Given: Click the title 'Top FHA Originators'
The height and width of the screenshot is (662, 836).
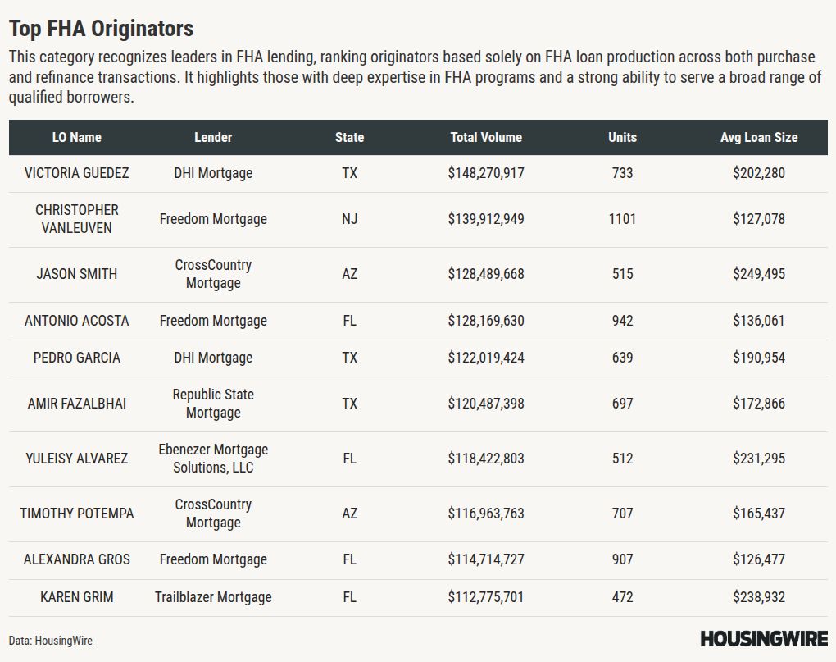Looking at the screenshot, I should click(x=101, y=29).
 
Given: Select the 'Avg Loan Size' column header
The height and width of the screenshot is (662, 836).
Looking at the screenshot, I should click(x=758, y=138).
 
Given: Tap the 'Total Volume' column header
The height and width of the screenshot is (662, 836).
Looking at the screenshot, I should click(x=486, y=138).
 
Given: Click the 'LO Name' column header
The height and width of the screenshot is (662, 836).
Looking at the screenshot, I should click(x=77, y=138).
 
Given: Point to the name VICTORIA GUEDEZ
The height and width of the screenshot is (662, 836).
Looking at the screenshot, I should click(x=77, y=173).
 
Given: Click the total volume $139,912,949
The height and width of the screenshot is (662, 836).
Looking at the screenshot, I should click(x=486, y=219).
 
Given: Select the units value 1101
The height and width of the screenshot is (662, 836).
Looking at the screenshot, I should click(x=622, y=219).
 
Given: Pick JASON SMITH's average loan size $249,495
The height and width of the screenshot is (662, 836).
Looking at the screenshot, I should click(x=759, y=274).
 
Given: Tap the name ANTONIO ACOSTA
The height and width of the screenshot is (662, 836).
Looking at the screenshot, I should click(x=77, y=321).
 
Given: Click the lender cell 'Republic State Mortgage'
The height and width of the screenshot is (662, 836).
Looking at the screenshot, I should click(x=213, y=404).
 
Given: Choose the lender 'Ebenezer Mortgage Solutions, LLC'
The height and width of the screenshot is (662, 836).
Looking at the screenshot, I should click(x=213, y=459).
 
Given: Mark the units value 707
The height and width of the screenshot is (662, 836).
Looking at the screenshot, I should click(x=622, y=514).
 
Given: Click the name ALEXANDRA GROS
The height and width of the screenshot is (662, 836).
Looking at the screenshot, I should click(x=77, y=559).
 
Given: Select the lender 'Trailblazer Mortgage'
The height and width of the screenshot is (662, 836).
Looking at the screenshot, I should click(x=213, y=597).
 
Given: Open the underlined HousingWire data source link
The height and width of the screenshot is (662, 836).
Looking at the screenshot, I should click(x=63, y=641).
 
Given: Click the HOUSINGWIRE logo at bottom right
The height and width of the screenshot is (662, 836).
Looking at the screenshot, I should click(x=764, y=638).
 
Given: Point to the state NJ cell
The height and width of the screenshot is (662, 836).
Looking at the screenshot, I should click(x=350, y=219).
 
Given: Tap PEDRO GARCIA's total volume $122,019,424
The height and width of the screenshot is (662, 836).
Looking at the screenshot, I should click(x=486, y=358).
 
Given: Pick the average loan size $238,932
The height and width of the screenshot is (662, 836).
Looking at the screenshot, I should click(x=759, y=597).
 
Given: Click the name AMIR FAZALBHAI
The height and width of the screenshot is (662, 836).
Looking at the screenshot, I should click(x=77, y=404).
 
